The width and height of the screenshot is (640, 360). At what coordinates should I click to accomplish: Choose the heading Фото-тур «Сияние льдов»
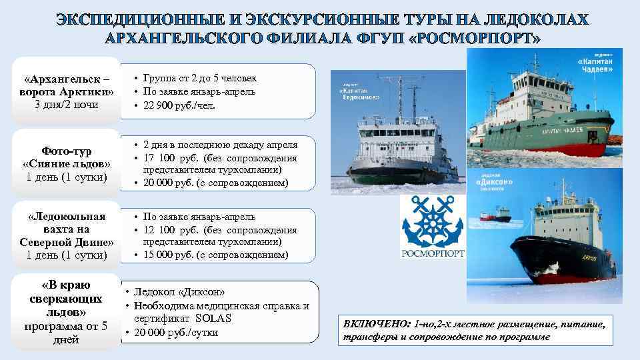(x=66, y=157)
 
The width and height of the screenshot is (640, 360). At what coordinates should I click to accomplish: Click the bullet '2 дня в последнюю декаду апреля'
(x=220, y=145)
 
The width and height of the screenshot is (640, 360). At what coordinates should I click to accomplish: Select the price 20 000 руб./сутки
(x=176, y=333)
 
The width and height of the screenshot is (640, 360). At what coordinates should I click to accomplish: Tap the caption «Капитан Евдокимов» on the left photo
(x=360, y=91)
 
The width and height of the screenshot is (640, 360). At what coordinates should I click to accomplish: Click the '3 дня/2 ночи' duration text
(x=65, y=104)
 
